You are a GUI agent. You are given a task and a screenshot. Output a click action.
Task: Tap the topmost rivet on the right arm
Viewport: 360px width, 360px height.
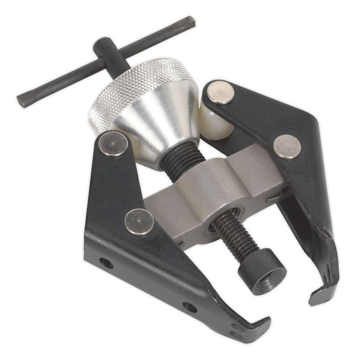[x=220, y=92]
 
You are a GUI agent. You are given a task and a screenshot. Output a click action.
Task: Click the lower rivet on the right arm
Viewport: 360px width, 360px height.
[x=287, y=145]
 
